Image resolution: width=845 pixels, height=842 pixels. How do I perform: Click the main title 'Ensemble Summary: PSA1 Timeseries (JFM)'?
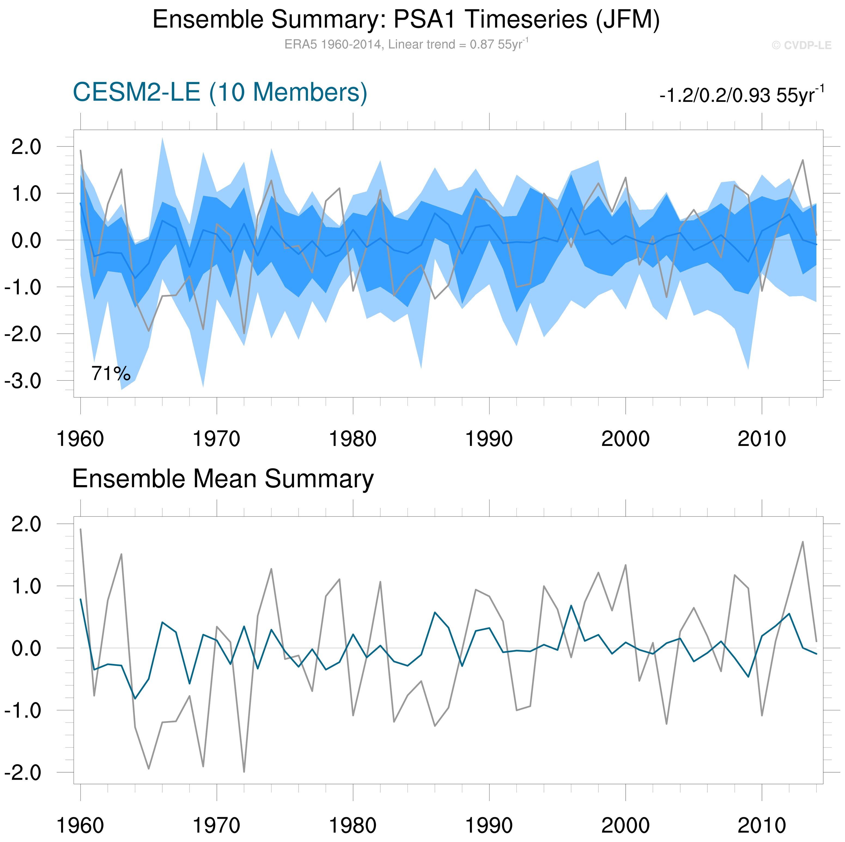406,20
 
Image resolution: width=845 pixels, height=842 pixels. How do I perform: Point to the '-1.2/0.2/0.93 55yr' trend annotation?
741,95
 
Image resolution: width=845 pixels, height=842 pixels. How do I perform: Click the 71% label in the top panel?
111,374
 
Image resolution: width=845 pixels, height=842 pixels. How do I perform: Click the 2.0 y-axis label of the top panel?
26,147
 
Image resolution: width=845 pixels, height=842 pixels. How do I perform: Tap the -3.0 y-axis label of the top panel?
23,381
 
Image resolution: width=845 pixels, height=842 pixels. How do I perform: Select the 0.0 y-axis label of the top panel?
26,240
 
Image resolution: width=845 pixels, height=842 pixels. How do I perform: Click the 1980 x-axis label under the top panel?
352,439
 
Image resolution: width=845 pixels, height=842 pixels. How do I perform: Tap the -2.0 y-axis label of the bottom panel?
23,773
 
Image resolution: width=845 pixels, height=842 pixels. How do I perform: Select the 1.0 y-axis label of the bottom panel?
26,586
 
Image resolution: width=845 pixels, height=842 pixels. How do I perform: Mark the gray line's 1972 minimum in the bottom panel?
244,771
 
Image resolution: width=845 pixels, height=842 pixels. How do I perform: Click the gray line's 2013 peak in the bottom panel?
803,542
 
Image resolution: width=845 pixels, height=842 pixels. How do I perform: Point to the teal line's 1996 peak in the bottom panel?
571,605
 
